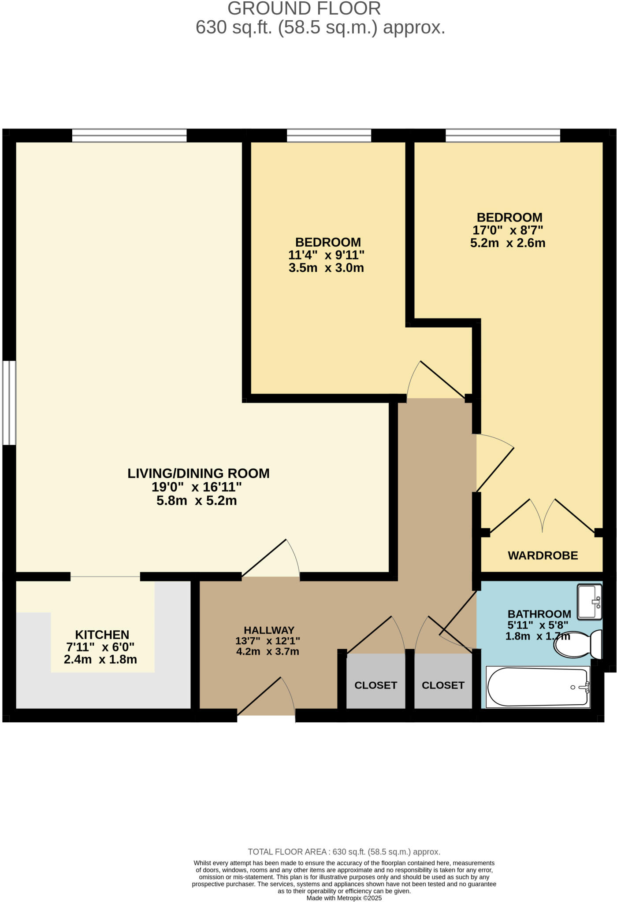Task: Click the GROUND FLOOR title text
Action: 304,9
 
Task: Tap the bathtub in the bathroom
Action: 538,687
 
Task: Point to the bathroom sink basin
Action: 589,601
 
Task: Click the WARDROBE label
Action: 543,555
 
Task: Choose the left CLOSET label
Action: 375,685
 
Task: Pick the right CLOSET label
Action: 443,685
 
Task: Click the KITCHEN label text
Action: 102,635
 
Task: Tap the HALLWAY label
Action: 269,630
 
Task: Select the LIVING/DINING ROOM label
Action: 198,473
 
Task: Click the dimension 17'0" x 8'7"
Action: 508,230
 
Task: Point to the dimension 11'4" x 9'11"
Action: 326,255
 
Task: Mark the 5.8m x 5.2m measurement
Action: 197,501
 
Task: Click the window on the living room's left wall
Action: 9,403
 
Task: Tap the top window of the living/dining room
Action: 129,135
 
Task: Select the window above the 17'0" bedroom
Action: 502,135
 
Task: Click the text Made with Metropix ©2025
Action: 344,898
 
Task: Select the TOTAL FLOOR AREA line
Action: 344,852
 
